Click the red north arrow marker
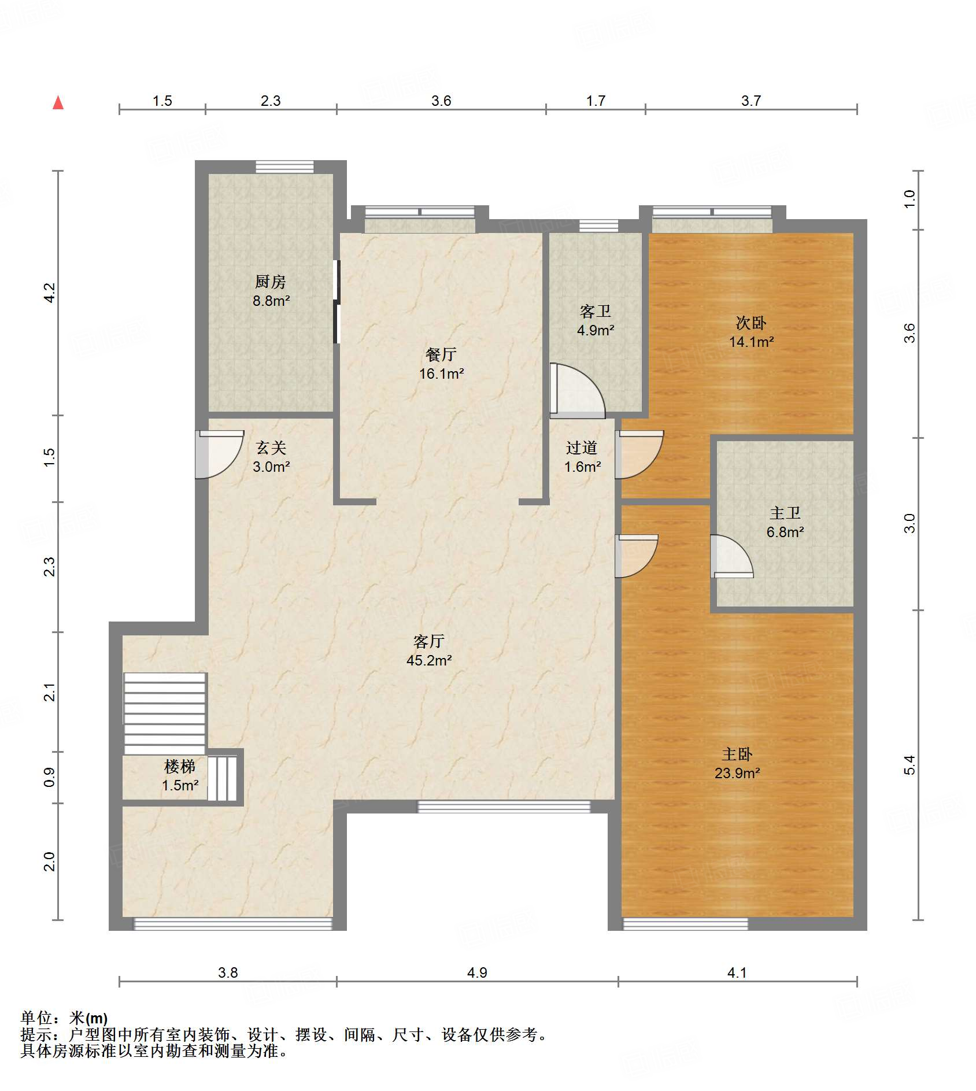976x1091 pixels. point(58,103)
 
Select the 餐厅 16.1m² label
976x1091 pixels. point(441,364)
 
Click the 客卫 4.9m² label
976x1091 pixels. point(596,321)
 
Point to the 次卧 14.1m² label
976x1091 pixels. point(751,332)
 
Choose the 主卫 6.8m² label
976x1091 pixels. point(785,522)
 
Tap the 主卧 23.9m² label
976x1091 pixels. point(737,763)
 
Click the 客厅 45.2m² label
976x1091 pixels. point(429,650)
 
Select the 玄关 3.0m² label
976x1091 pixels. point(271,457)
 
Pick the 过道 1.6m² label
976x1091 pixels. point(582,457)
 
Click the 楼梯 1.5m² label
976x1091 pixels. point(180,775)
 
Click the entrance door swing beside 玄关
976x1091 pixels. point(220,454)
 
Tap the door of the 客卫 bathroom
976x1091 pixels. point(577,390)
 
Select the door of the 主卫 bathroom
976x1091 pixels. point(731,556)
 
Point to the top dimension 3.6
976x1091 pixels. point(441,101)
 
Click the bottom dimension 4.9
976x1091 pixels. point(477,972)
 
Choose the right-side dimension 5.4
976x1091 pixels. point(910,765)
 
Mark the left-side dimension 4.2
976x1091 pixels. point(50,293)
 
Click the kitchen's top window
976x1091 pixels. point(285,167)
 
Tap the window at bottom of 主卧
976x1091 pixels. point(686,924)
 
